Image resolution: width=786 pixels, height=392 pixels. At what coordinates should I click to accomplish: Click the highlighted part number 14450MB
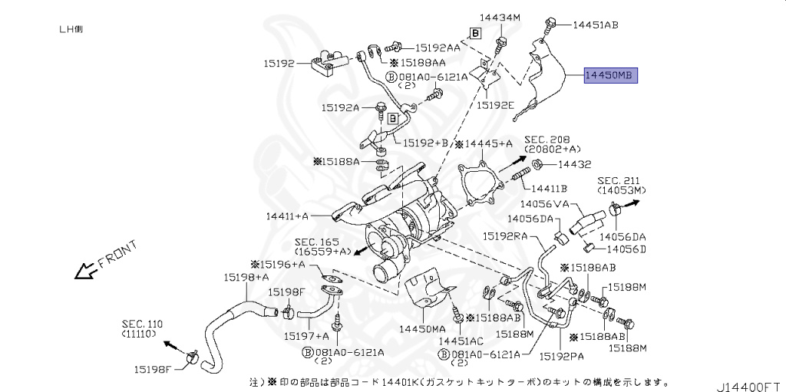(610, 76)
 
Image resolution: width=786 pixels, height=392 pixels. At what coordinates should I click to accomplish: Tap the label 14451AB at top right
(596, 25)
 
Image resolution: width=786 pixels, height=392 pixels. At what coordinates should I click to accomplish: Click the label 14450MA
(421, 329)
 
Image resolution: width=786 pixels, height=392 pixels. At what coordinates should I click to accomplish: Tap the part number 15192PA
(562, 356)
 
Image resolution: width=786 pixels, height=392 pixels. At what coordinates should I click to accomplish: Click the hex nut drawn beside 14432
(537, 164)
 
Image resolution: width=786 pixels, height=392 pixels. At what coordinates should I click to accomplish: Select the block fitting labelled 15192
(326, 64)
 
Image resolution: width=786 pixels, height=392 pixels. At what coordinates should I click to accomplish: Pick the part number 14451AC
(461, 341)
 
